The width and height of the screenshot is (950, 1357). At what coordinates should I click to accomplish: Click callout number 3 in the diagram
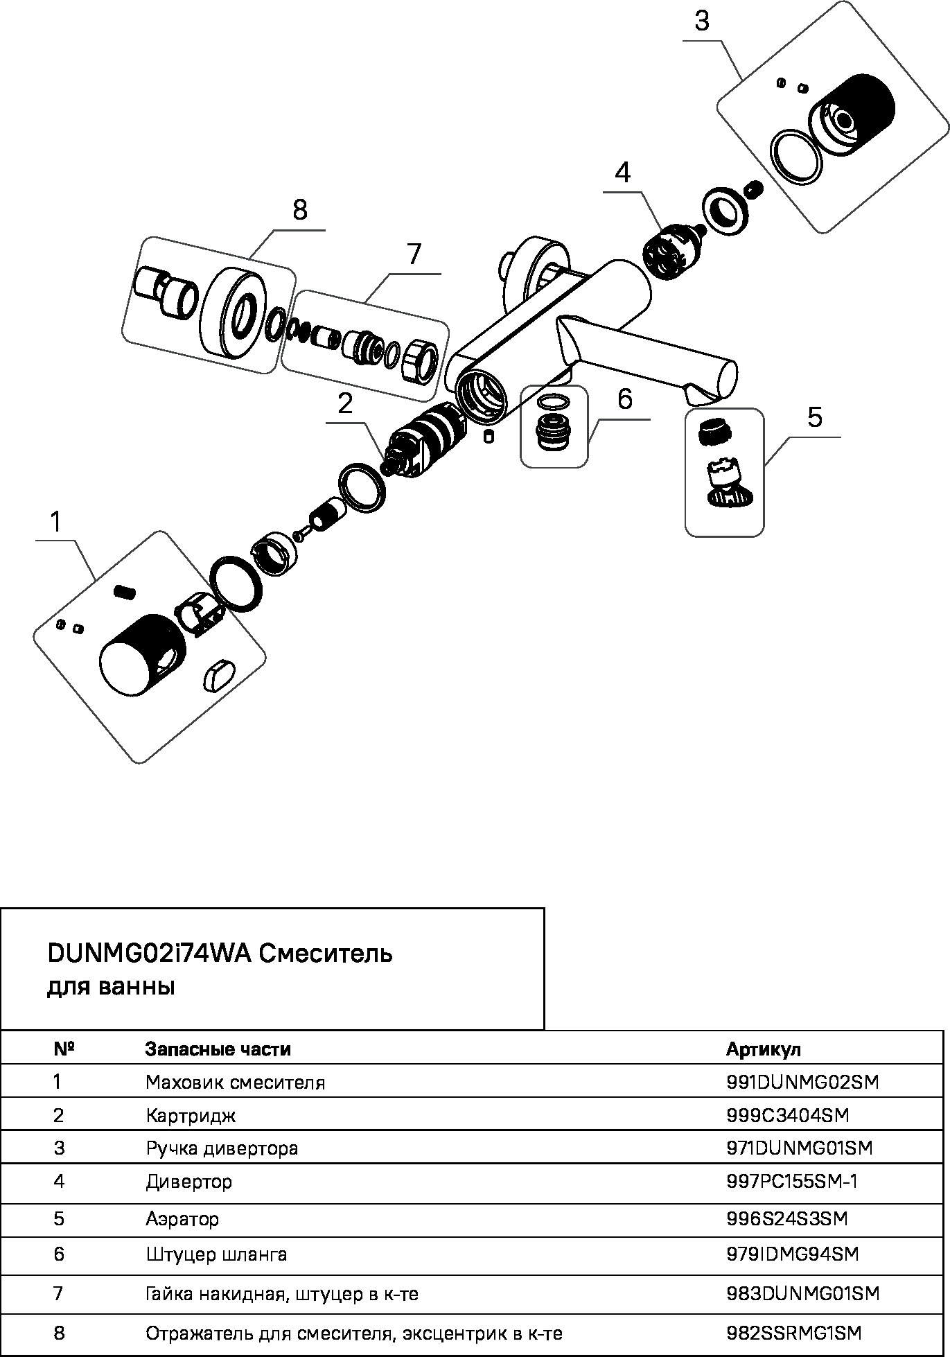pos(702,22)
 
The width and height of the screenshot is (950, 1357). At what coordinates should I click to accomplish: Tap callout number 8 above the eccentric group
pos(299,209)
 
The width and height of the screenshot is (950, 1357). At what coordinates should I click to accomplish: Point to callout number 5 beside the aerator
pos(815,418)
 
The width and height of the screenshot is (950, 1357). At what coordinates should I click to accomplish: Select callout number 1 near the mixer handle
pos(56,522)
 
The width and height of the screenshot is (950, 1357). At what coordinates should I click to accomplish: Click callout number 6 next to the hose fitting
pos(624,400)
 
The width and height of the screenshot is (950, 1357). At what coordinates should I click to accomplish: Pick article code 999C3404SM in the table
pos(787,1115)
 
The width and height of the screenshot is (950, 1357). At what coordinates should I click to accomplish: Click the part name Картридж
pos(191,1116)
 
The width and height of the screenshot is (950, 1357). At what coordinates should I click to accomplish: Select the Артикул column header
pos(763,1049)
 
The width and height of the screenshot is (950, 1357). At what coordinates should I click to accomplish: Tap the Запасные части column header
pos(218,1049)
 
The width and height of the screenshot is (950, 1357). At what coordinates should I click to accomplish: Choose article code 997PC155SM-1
pos(792,1181)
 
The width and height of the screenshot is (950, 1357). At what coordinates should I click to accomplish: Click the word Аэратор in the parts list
pos(182,1218)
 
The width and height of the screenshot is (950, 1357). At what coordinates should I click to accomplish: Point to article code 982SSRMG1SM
pos(793,1333)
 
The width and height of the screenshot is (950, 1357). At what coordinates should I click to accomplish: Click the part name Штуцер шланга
pos(216,1254)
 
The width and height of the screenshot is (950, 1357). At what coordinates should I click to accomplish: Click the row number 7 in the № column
pos(58,1293)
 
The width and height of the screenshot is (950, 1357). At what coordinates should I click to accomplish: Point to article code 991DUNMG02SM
pos(802,1082)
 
